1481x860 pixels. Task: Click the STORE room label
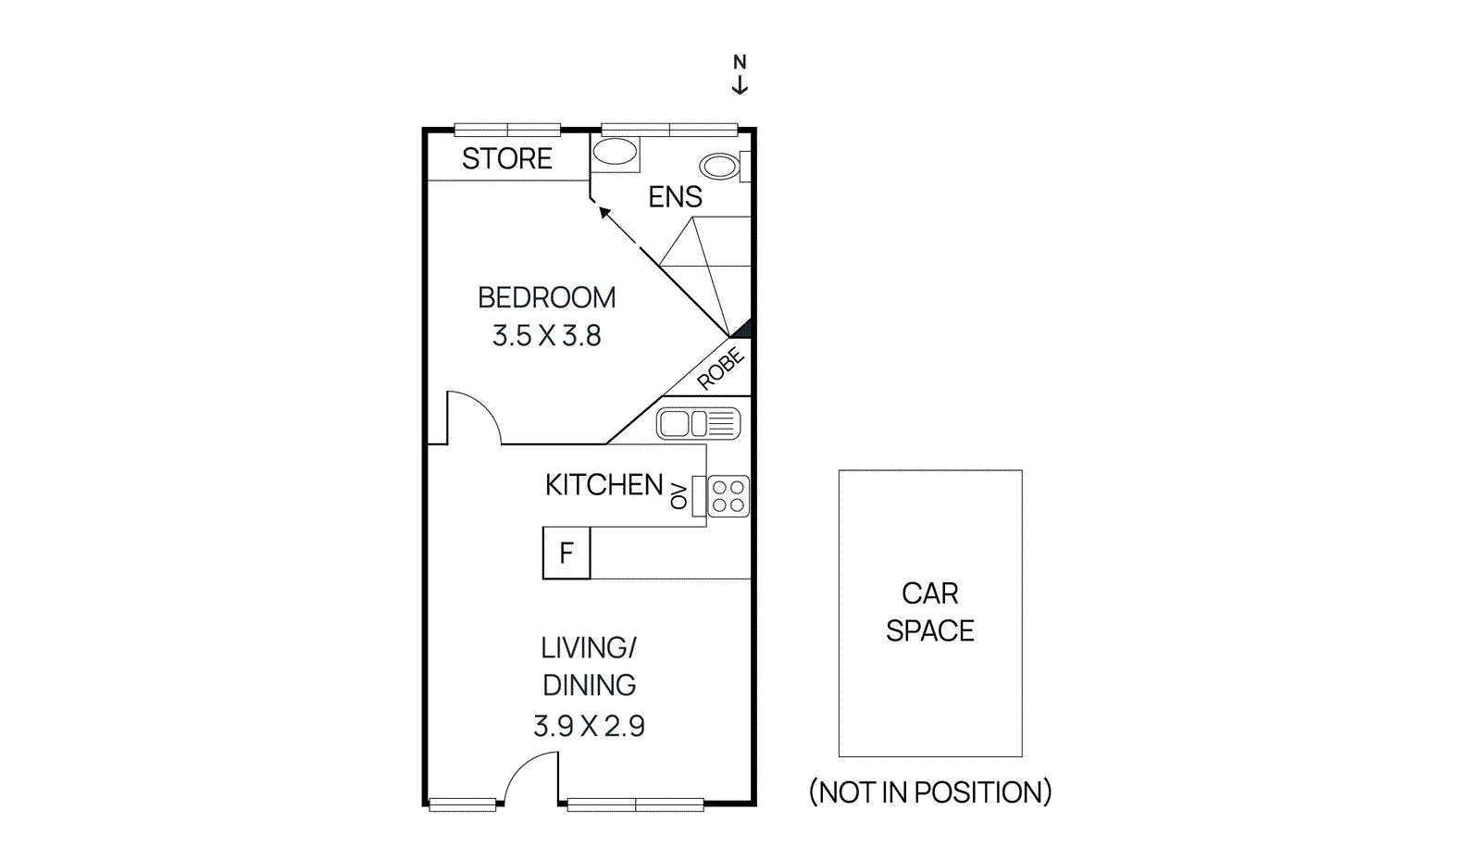[x=506, y=158]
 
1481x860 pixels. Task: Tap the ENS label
[x=675, y=197]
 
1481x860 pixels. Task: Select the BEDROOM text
[x=546, y=297]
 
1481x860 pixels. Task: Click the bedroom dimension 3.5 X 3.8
[x=546, y=335]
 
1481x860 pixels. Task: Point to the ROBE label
[x=720, y=368]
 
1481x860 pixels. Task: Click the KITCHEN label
[x=604, y=484]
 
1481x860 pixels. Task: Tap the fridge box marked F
[x=566, y=553]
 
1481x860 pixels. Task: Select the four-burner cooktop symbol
[x=728, y=496]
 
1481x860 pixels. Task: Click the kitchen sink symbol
[x=698, y=424]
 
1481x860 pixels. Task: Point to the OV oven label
[x=679, y=495]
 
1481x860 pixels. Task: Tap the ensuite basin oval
[x=615, y=152]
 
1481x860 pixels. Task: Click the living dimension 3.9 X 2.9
[x=589, y=726]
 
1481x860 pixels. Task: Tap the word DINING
[x=589, y=685]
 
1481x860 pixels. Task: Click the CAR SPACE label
[x=929, y=612]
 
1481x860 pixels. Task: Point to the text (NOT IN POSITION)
[x=929, y=792]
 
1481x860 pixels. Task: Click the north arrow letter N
[x=740, y=62]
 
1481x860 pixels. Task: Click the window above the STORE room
[x=507, y=130]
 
